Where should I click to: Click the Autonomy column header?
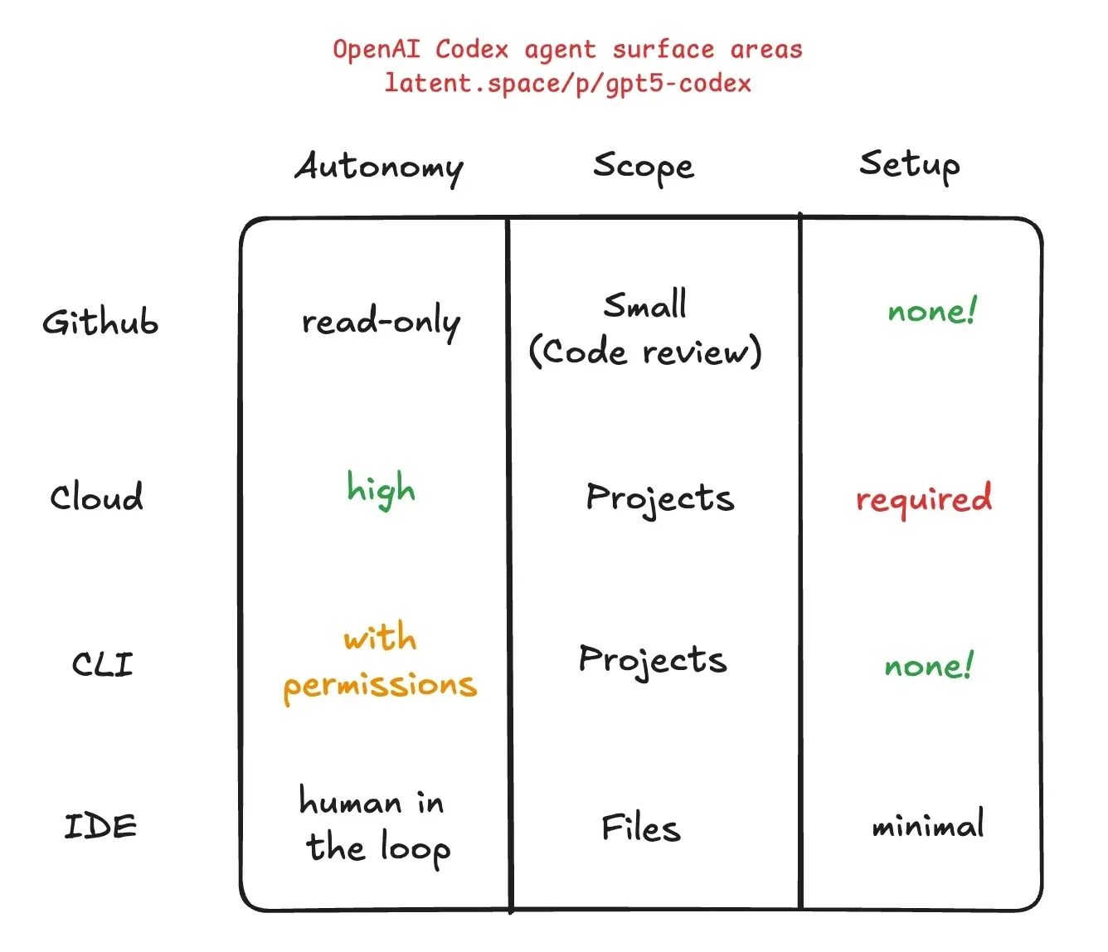click(379, 167)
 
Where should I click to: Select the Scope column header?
click(643, 167)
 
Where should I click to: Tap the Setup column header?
click(909, 164)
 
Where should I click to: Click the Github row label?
click(100, 322)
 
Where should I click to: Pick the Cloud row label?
click(96, 497)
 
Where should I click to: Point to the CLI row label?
click(102, 664)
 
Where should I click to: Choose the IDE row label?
click(100, 826)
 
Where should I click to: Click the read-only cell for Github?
click(381, 322)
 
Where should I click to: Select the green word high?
click(381, 489)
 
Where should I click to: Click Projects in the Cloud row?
click(659, 498)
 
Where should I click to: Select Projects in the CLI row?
click(653, 660)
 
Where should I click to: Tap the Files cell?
click(640, 828)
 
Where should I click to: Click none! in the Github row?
click(931, 311)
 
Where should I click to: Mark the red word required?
click(923, 499)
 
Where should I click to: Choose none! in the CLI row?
click(928, 666)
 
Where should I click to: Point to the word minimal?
click(928, 825)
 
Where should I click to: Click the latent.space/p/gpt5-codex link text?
click(568, 84)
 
